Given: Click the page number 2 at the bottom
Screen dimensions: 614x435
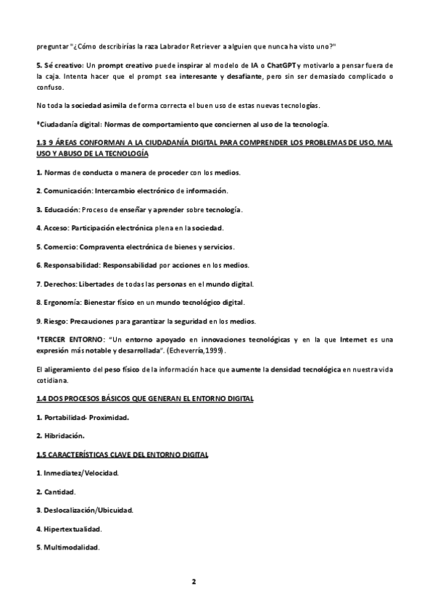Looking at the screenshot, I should pyautogui.click(x=194, y=581).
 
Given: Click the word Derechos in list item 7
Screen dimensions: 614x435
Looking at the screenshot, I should pyautogui.click(x=60, y=283).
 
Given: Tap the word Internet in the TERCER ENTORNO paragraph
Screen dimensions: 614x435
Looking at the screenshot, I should pyautogui.click(x=356, y=340).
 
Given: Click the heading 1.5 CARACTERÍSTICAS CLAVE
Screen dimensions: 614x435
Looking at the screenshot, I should pyautogui.click(x=123, y=455).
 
